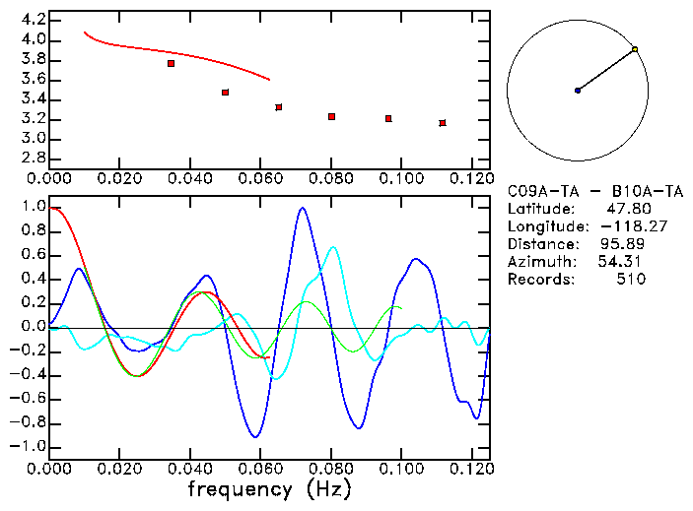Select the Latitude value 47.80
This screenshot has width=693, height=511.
point(628,209)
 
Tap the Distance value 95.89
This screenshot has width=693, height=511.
point(623,244)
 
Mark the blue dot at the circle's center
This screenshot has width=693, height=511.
point(578,91)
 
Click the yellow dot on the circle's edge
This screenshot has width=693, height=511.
point(635,49)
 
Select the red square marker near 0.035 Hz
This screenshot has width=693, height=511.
point(171,63)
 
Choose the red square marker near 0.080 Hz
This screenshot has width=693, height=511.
point(331,116)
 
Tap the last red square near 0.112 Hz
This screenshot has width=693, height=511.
point(443,123)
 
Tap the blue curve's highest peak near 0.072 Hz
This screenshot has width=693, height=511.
point(302,208)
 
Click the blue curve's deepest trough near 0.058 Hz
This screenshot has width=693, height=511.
point(255,436)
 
